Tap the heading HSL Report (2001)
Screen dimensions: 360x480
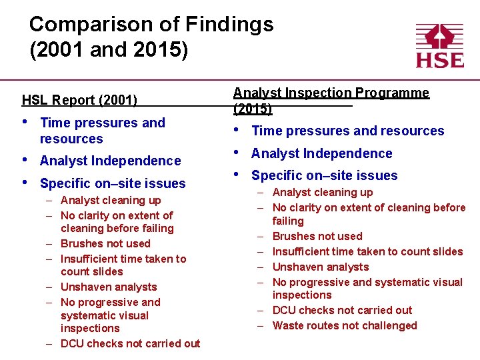pyautogui.click(x=79, y=101)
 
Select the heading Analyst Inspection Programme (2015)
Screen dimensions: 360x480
pyautogui.click(x=331, y=100)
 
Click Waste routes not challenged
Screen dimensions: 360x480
pyautogui.click(x=345, y=325)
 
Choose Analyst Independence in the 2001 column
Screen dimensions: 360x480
pyautogui.click(x=110, y=161)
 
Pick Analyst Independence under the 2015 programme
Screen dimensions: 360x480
pyautogui.click(x=321, y=153)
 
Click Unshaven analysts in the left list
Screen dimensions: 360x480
pyautogui.click(x=109, y=287)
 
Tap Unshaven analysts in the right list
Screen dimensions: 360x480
pyautogui.click(x=321, y=267)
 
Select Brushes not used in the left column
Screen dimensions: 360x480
pyautogui.click(x=105, y=243)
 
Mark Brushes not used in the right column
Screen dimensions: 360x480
pyautogui.click(x=317, y=236)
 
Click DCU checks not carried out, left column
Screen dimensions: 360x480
pyautogui.click(x=130, y=343)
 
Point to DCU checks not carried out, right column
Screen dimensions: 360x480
pyautogui.click(x=342, y=310)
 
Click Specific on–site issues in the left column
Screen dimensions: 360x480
pyautogui.click(x=113, y=183)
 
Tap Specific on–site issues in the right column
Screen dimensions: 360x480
pyautogui.click(x=324, y=175)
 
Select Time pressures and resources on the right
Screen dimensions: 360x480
pyautogui.click(x=347, y=131)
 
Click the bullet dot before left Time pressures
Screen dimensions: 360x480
pyautogui.click(x=25, y=122)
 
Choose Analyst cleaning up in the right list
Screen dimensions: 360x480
pyautogui.click(x=323, y=192)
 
